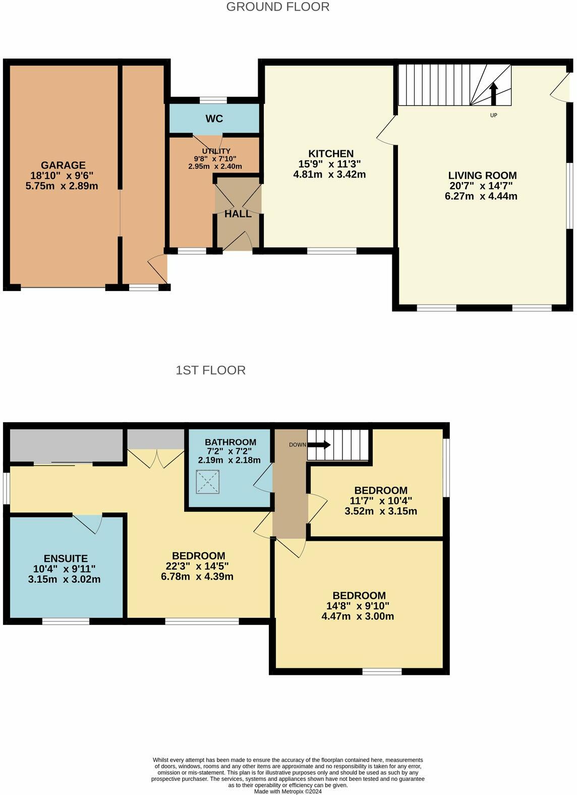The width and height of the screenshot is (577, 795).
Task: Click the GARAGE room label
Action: point(63,165)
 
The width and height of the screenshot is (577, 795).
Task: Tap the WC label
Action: point(214,119)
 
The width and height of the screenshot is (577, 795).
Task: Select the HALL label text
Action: point(238,214)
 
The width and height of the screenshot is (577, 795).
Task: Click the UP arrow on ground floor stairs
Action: point(493,94)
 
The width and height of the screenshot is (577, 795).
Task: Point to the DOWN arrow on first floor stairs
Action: point(319,445)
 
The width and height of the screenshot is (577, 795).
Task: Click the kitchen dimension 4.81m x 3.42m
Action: point(329,175)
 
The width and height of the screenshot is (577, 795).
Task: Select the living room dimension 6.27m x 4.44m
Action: point(481,196)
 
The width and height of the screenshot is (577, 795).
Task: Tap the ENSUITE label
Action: point(66,558)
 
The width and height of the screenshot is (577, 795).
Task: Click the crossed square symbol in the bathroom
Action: point(208,482)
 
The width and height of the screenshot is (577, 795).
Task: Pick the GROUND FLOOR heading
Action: point(278,7)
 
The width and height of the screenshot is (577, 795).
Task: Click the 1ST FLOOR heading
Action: point(210,370)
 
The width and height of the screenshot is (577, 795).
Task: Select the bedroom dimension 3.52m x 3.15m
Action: point(381,511)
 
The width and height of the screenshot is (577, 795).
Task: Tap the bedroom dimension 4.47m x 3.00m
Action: point(358,616)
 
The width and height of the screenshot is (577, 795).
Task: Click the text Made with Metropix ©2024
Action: point(288,791)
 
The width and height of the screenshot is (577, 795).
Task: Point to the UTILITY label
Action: point(216,151)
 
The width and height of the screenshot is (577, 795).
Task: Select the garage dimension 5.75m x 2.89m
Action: point(62,186)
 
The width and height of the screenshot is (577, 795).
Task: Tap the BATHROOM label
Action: point(230,442)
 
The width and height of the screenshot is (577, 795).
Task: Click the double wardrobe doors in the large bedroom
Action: point(156,458)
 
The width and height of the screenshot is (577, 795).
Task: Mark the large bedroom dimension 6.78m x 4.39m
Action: point(197,576)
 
